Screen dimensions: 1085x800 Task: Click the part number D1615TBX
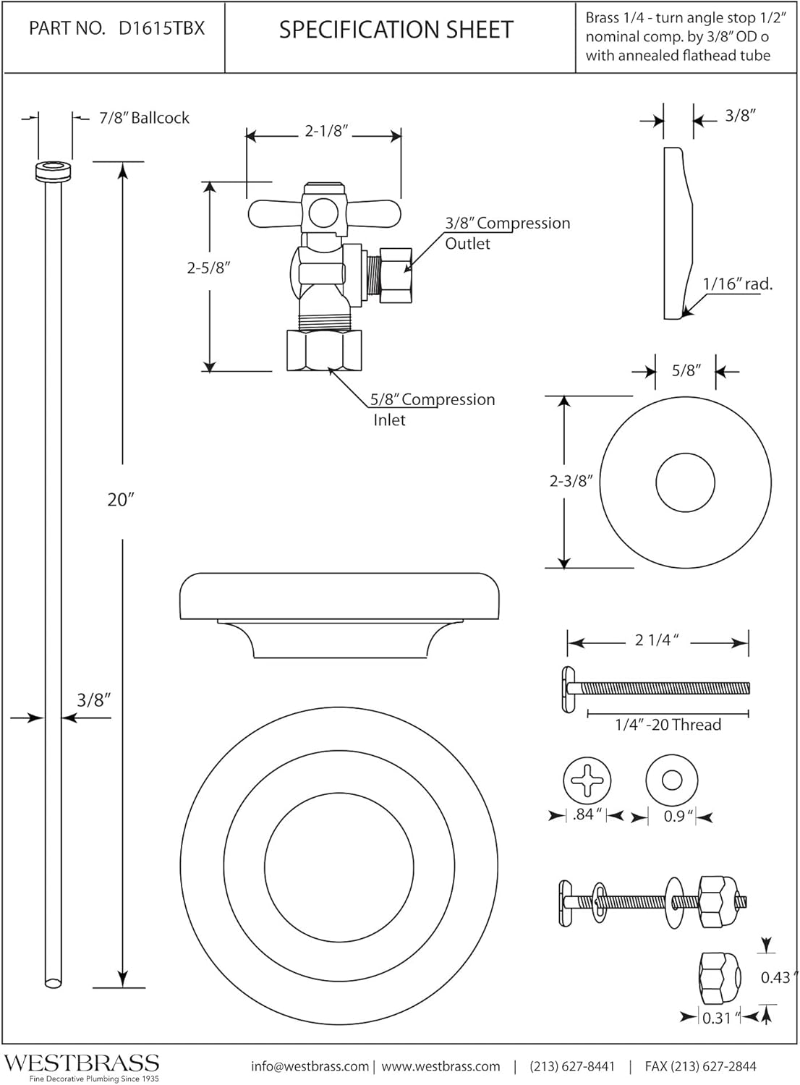(161, 28)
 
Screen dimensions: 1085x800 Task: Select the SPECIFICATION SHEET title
(396, 30)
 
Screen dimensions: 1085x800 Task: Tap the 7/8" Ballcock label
(144, 118)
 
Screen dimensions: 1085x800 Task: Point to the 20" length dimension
(121, 499)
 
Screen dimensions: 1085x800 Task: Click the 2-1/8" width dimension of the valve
(326, 131)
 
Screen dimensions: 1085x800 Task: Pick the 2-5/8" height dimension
(208, 267)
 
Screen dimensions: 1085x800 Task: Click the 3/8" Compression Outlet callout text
(506, 233)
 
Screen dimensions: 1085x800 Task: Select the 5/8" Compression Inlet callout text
(432, 409)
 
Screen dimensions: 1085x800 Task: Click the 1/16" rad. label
(737, 284)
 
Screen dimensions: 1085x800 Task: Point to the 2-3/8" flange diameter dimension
(571, 481)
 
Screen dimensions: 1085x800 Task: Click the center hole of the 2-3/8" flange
(685, 482)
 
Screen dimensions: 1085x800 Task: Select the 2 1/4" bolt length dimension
(656, 640)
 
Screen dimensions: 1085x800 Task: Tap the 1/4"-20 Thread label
(668, 725)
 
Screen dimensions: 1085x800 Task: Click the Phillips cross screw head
(587, 782)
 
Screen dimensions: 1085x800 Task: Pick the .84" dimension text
(587, 815)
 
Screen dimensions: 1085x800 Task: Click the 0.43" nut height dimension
(775, 977)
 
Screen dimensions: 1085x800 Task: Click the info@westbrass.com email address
(310, 1066)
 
